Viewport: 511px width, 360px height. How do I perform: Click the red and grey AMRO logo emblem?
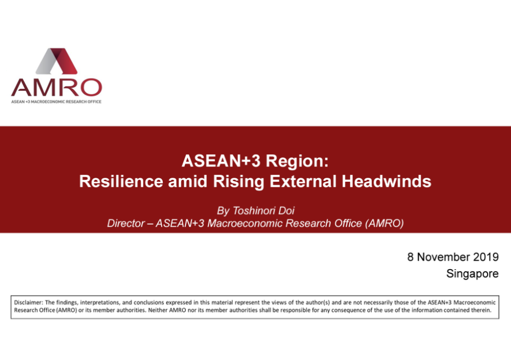tap(56, 61)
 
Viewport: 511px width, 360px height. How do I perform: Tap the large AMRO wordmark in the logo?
tap(56, 87)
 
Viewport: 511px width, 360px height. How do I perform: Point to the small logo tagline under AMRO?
tap(56, 102)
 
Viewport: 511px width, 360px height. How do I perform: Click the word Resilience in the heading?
tap(121, 181)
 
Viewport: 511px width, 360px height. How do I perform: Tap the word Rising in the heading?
tap(239, 182)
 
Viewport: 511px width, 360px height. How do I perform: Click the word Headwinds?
tap(387, 181)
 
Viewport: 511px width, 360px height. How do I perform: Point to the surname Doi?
tap(286, 211)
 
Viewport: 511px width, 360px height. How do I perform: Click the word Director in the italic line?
tap(126, 223)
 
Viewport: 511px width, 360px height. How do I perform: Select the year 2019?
tap(486, 257)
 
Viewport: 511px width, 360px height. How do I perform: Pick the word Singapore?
tap(472, 274)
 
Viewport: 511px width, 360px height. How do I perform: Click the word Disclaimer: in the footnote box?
tap(28, 303)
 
